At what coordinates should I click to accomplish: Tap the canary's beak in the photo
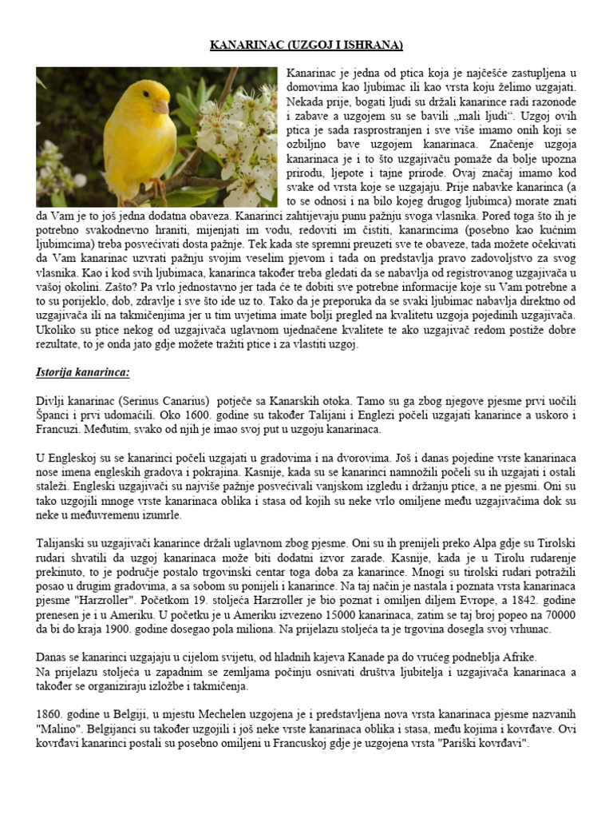click(161, 106)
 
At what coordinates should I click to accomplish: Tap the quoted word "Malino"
click(61, 727)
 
